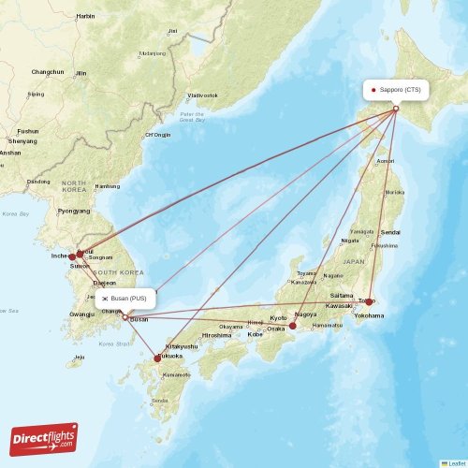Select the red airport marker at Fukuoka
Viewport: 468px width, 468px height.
click(157, 358)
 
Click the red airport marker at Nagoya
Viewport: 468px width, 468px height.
click(292, 326)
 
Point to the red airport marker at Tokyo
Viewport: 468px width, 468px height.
click(370, 301)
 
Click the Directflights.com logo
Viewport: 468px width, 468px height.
click(42, 438)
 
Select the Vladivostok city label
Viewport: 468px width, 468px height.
click(202, 95)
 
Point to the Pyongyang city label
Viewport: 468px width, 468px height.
click(74, 211)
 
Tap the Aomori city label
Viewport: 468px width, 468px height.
click(385, 161)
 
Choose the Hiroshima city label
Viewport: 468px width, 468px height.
click(216, 334)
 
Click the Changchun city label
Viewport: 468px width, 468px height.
click(47, 72)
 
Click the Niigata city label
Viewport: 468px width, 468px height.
click(351, 241)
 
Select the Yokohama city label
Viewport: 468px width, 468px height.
click(369, 315)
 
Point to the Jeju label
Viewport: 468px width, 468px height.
click(80, 357)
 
